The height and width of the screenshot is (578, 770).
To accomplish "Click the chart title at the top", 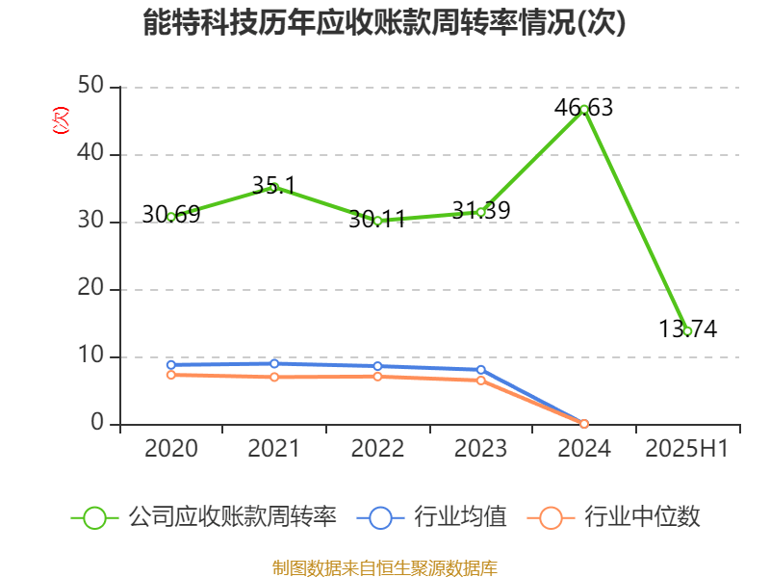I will [384, 23].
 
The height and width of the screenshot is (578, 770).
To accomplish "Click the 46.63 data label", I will [583, 107].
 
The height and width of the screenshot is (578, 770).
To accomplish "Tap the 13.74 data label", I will [687, 328].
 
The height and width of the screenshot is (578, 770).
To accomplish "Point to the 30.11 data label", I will [377, 219].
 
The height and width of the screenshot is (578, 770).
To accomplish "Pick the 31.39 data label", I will [480, 210].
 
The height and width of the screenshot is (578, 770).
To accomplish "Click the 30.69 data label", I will [170, 214].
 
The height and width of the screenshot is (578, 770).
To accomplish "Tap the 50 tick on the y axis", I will [94, 88].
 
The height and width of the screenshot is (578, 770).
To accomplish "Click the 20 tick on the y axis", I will [94, 290].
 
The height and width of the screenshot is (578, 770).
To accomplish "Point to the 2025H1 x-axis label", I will [687, 449].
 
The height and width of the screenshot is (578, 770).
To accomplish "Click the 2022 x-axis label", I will [377, 449].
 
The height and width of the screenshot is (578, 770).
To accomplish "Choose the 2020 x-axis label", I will [170, 449].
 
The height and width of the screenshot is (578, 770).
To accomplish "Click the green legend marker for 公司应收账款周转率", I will [94, 517].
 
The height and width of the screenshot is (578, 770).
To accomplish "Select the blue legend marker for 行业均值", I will [380, 517].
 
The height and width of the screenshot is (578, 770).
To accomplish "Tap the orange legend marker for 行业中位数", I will [551, 517].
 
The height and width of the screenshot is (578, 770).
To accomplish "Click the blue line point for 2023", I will [480, 370].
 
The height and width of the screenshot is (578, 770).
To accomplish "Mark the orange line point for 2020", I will [170, 375].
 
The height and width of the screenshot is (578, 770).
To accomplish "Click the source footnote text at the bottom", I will [384, 567].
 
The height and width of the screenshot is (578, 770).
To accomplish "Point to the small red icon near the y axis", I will [61, 121].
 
